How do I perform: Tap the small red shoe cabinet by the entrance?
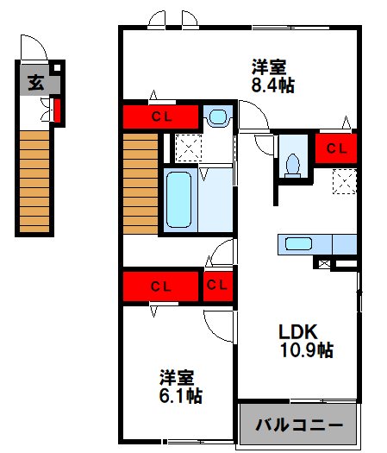coord(56,111)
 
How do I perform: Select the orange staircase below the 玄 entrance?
coord(35,181)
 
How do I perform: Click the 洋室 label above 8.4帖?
coord(269,66)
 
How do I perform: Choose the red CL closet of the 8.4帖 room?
coord(161,116)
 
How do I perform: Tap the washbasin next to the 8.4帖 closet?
coord(218,116)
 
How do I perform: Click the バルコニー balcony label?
coord(298,425)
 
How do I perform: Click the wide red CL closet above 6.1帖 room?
coord(161,286)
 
